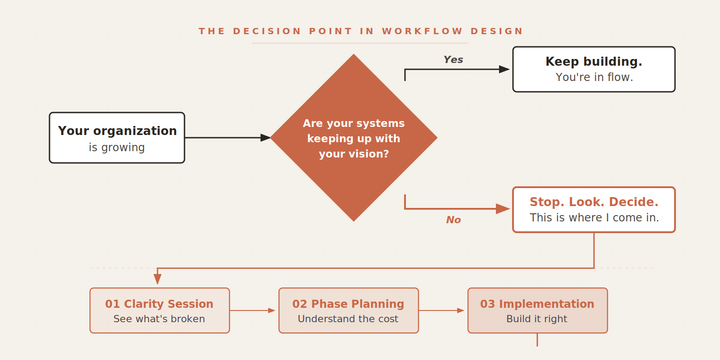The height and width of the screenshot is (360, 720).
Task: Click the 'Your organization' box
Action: [x=117, y=137]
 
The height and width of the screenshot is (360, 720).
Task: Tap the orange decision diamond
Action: [x=353, y=138]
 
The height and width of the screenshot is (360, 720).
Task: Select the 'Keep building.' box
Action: [x=593, y=69]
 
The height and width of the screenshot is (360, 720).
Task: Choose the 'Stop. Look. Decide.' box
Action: [x=593, y=209]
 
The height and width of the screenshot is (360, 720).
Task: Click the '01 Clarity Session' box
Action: [x=159, y=310]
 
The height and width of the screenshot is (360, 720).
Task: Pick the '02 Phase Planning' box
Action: [x=348, y=310]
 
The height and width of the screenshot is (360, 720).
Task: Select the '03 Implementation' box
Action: [x=536, y=310]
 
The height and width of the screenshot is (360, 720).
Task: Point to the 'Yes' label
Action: [x=453, y=60]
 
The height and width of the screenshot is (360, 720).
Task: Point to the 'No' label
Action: [x=453, y=220]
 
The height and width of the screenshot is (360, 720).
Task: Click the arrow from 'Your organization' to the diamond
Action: [x=227, y=137]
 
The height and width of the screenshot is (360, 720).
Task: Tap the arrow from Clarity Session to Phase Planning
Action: [x=253, y=311]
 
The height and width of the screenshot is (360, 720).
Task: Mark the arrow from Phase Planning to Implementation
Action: [x=442, y=311]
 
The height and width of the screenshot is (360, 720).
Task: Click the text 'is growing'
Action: [x=117, y=147]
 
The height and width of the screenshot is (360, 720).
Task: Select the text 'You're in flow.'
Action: [x=594, y=77]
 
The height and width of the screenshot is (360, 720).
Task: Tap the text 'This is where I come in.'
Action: [x=594, y=217]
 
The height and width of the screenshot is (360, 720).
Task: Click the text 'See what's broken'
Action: [x=159, y=319]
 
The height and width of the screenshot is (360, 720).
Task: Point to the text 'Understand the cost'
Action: [x=348, y=319]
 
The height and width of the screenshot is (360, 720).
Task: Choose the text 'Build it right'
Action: [x=536, y=319]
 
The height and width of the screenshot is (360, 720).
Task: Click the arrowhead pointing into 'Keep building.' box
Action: [x=506, y=69]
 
